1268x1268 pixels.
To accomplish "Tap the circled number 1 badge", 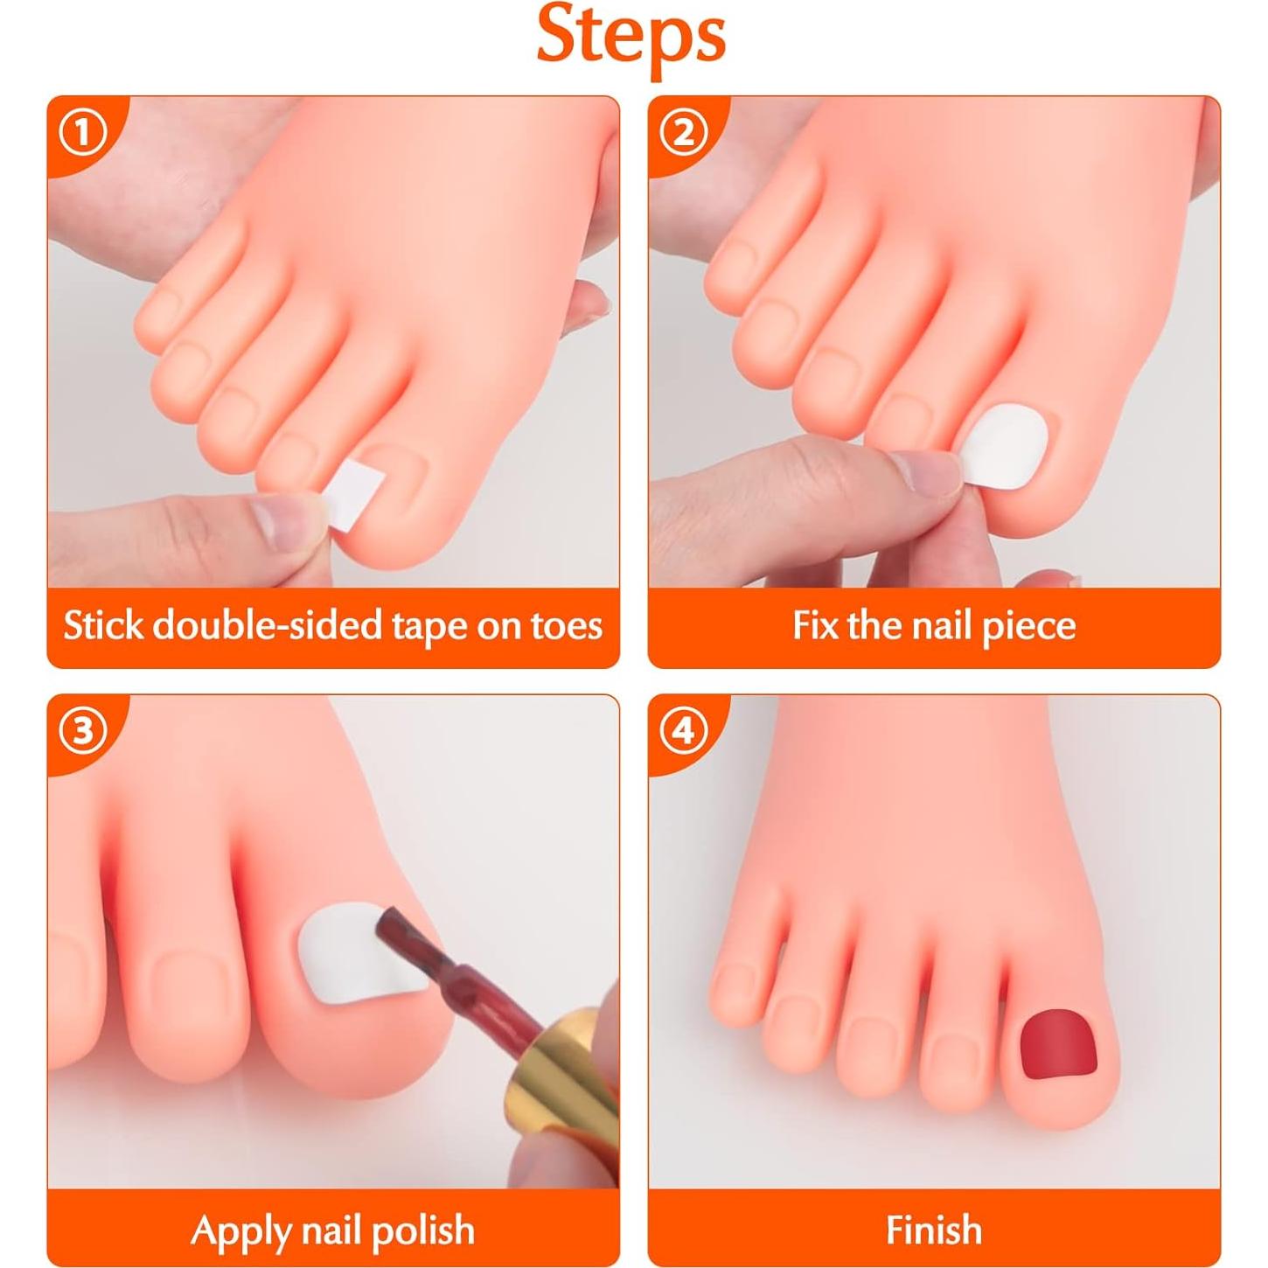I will [x=82, y=134].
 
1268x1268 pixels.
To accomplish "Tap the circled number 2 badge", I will [x=683, y=134].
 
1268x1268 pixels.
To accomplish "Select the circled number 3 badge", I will [x=82, y=731].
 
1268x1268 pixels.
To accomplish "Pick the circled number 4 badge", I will [x=683, y=731].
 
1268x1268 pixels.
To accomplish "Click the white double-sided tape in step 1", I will [x=346, y=495].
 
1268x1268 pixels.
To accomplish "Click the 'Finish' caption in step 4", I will [x=933, y=1230].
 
